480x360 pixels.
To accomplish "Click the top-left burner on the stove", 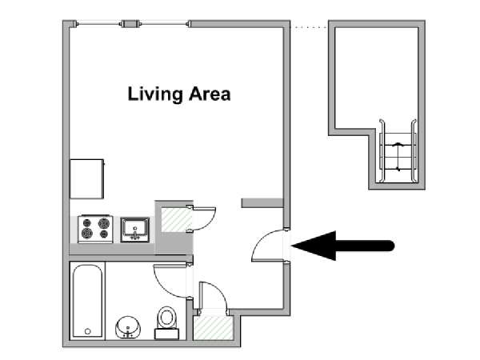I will pos(86,222).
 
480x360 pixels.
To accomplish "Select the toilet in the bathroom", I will pos(167,319).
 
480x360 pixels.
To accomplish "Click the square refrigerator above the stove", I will pos(87,178).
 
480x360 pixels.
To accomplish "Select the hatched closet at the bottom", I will pos(213,328).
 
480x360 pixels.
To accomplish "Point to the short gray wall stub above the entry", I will pos(262,202).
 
